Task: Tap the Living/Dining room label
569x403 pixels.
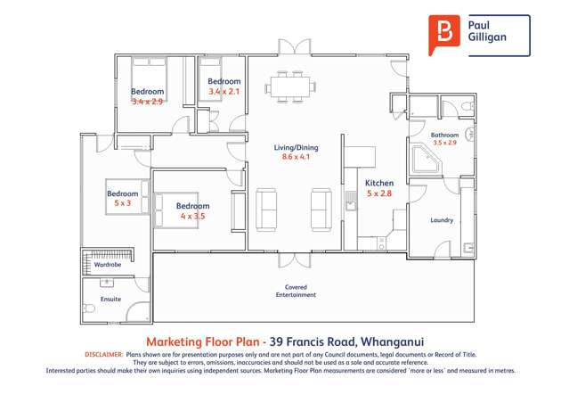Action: point(296,148)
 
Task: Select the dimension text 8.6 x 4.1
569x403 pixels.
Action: point(296,158)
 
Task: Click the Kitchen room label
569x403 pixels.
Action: point(379,184)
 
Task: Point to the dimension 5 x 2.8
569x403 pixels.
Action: point(379,193)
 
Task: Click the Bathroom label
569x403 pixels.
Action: point(444,135)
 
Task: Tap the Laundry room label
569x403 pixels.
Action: point(442,220)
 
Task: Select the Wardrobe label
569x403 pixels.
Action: point(108,265)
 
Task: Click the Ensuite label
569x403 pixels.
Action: point(110,300)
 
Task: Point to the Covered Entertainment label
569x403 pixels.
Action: point(296,291)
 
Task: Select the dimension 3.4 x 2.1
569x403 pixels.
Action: point(224,91)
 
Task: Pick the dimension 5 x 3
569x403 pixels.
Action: point(122,203)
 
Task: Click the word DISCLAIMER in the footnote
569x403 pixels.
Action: point(103,354)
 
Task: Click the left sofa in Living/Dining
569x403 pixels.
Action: point(266,208)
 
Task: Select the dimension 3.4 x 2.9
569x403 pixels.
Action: point(148,102)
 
